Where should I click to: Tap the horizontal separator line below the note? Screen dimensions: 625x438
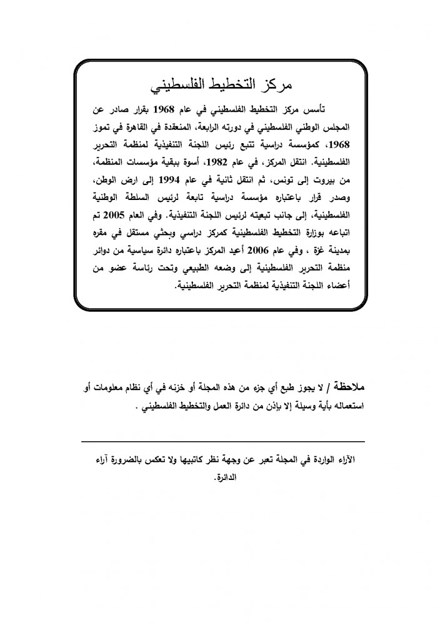(x=222, y=442)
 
